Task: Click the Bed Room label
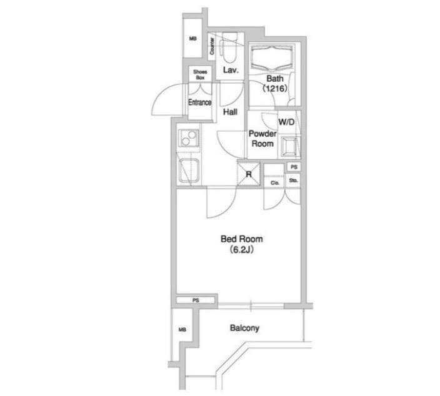click(241, 239)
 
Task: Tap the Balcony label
click(244, 328)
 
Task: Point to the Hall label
click(230, 112)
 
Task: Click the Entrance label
click(200, 102)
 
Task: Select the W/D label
click(287, 122)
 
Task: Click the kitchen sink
click(188, 170)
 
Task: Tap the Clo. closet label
click(274, 183)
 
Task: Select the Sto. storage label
click(294, 181)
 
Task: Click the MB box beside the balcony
click(182, 330)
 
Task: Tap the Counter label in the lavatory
click(212, 46)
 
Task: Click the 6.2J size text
click(241, 250)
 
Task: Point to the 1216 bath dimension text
click(275, 88)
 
